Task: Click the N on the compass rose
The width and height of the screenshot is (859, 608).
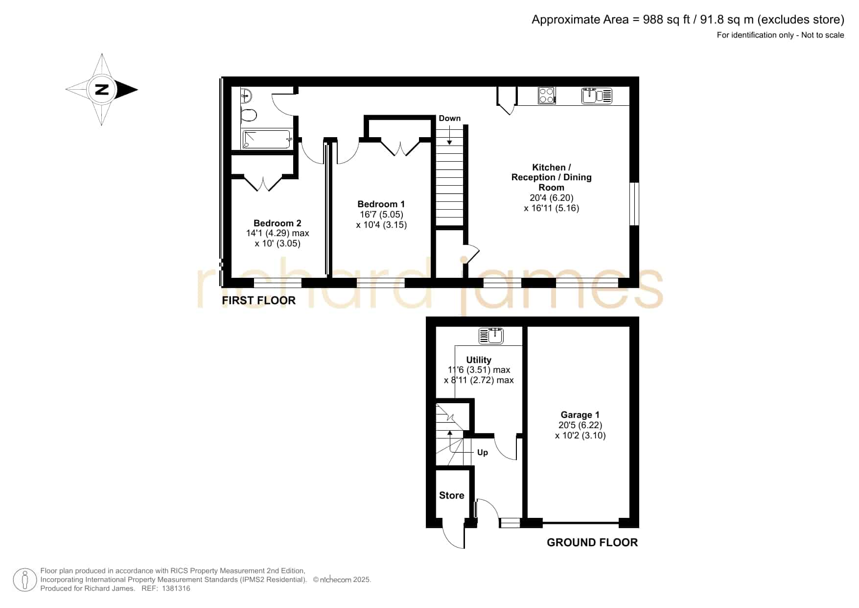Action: point(102,90)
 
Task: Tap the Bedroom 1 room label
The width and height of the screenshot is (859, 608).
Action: point(381,204)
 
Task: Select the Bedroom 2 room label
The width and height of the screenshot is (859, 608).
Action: point(278,223)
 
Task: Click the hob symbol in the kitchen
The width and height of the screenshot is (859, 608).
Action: point(547,95)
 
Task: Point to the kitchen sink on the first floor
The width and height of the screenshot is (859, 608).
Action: point(597,96)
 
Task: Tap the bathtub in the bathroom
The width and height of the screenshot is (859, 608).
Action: point(267,139)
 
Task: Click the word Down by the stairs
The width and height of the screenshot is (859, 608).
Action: point(450,118)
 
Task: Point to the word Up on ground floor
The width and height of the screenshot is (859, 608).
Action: point(483,452)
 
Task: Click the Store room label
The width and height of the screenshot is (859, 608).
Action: point(452,495)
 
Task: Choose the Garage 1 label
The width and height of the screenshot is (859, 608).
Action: point(580,415)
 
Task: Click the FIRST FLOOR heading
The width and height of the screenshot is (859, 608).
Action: point(259,300)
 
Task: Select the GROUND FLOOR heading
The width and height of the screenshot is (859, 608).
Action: point(592,542)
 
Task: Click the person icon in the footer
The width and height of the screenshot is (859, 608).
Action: point(24,580)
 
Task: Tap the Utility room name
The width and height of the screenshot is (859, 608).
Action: point(479,360)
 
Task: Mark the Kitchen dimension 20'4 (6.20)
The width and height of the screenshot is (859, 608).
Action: point(552,198)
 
